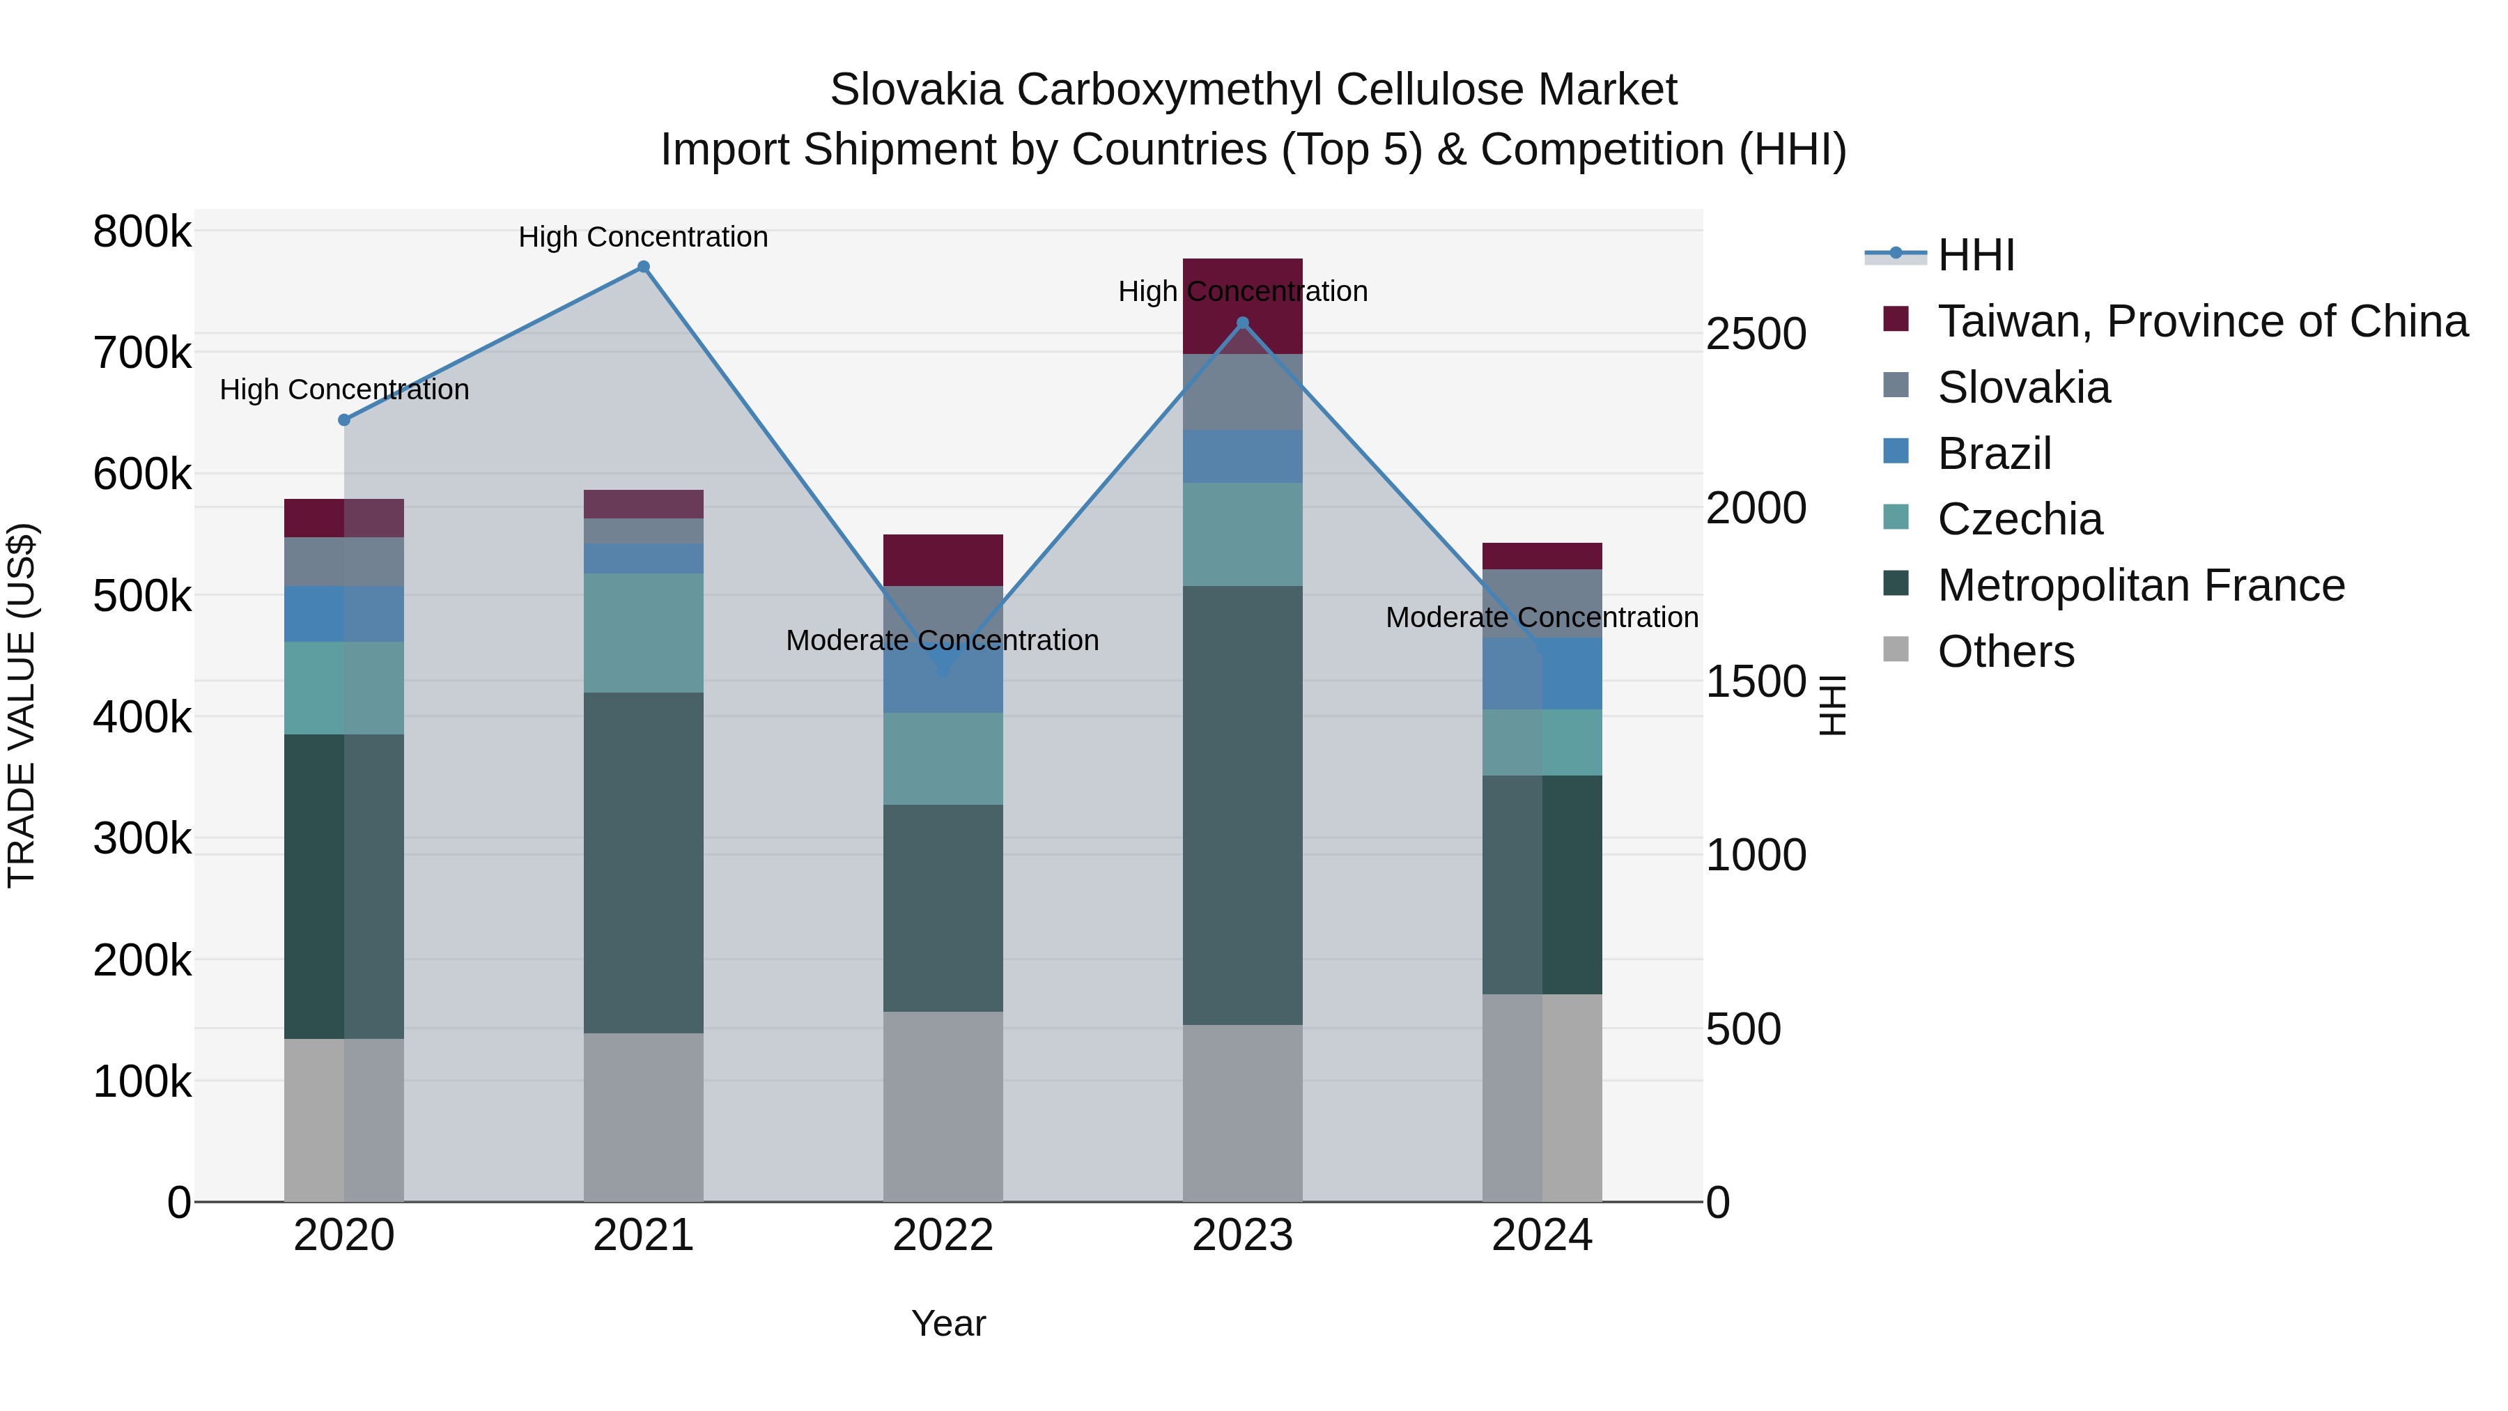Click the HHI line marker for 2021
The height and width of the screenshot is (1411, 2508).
644,267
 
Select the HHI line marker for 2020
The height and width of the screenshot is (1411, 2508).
343,419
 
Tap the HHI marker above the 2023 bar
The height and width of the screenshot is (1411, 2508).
1242,323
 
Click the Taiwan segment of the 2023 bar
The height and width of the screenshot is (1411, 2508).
1242,292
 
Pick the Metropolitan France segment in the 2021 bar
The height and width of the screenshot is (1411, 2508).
644,862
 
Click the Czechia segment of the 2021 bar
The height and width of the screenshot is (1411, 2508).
644,633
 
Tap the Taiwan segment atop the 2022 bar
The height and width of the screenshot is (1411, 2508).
943,560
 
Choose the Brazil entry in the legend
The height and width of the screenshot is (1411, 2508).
1994,454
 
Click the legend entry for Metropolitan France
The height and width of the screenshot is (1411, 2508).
2140,586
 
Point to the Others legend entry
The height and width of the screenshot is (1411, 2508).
2006,651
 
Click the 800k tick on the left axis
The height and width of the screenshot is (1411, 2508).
142,233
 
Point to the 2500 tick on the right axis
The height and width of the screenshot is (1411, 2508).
1756,334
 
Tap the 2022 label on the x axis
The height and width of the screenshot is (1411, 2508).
943,1235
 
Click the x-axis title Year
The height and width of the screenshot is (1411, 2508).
948,1323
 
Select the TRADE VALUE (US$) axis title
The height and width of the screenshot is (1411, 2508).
22,705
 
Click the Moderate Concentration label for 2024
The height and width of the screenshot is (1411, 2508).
1541,617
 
